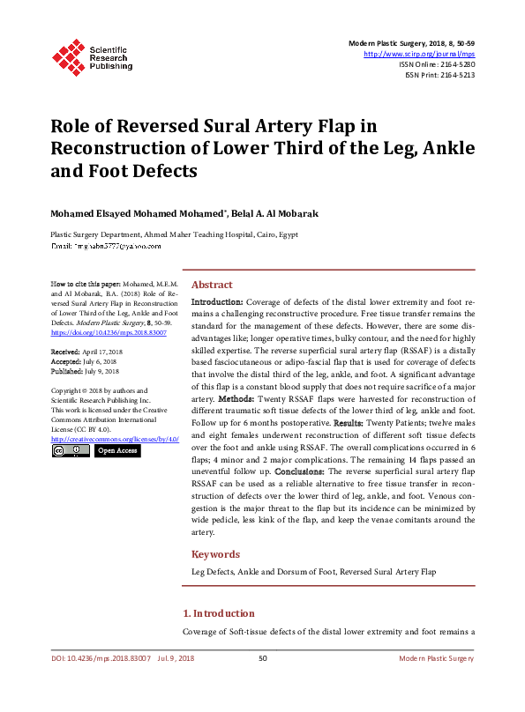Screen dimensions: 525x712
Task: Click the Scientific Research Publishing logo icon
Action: pyautogui.click(x=69, y=56)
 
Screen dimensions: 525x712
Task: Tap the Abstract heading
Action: pyautogui.click(x=212, y=285)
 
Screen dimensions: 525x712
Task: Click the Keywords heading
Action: pyautogui.click(x=215, y=554)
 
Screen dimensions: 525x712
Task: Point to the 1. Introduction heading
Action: pyautogui.click(x=218, y=613)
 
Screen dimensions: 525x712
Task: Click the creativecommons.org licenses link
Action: pyautogui.click(x=115, y=438)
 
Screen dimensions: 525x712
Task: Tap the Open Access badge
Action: pyautogui.click(x=116, y=450)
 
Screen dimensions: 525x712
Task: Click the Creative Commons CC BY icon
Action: pyautogui.click(x=70, y=450)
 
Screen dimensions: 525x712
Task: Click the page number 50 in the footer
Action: pyautogui.click(x=262, y=658)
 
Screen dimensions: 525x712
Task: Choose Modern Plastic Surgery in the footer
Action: pyautogui.click(x=437, y=658)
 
